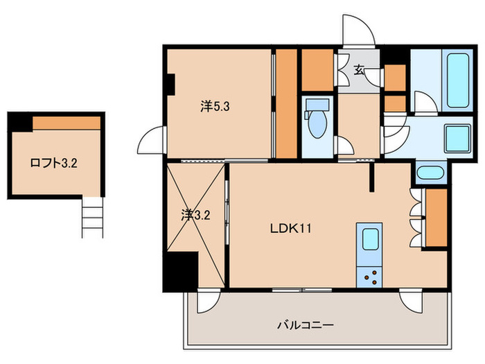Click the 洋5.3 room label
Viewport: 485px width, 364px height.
pyautogui.click(x=215, y=107)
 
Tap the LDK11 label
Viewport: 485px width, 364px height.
pyautogui.click(x=291, y=229)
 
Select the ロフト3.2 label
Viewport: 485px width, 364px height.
pyautogui.click(x=53, y=163)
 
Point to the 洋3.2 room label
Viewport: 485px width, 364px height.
pyautogui.click(x=195, y=215)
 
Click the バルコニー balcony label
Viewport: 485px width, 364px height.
pyautogui.click(x=306, y=325)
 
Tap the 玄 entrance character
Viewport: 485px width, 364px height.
pyautogui.click(x=358, y=70)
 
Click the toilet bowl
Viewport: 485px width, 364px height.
pyautogui.click(x=317, y=124)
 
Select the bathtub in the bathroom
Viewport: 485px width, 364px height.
pyautogui.click(x=458, y=80)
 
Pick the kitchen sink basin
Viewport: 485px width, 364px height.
pyautogui.click(x=370, y=239)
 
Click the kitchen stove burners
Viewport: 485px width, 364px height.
pyautogui.click(x=369, y=277)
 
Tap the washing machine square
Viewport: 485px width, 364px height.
pyautogui.click(x=457, y=139)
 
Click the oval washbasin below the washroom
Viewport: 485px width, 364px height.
pyautogui.click(x=430, y=173)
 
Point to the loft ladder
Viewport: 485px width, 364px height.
pyautogui.click(x=92, y=217)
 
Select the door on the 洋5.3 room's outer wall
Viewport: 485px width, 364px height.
pyautogui.click(x=151, y=139)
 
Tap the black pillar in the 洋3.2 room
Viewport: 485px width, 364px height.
pyautogui.click(x=181, y=272)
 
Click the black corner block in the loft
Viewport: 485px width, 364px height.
pyautogui.click(x=20, y=122)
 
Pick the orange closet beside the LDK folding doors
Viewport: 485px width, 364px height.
pyautogui.click(x=436, y=218)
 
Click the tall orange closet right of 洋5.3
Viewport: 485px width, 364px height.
pyautogui.click(x=286, y=103)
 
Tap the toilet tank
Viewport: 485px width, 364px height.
pyautogui.click(x=317, y=105)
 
